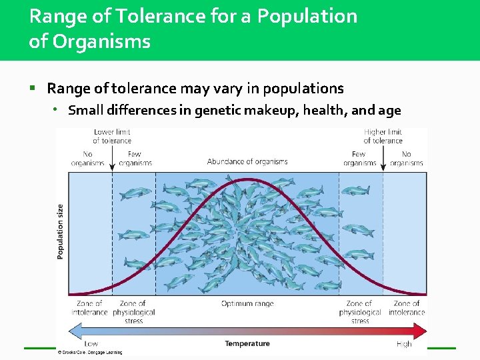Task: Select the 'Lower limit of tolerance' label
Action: (x=112, y=136)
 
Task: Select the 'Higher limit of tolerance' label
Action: (x=383, y=136)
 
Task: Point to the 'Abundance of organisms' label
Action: (x=247, y=161)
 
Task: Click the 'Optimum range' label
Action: (x=247, y=304)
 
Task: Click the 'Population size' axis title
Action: (x=61, y=231)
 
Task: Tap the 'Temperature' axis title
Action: (x=247, y=344)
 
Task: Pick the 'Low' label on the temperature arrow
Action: (x=91, y=344)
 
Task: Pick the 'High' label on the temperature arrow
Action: (x=404, y=344)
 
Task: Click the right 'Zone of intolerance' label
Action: (x=406, y=308)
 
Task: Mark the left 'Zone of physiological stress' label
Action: (x=133, y=312)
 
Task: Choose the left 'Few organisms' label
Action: (x=134, y=159)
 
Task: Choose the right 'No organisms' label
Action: (x=406, y=159)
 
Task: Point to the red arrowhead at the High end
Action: (x=420, y=331)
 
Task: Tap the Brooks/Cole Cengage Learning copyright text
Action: (x=90, y=352)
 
